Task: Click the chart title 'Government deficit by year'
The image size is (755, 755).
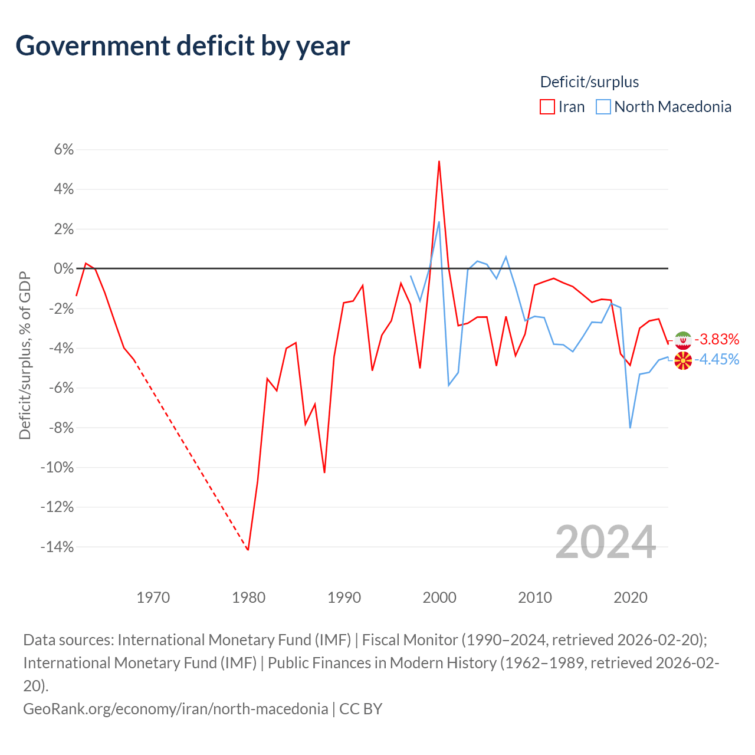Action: [x=183, y=46]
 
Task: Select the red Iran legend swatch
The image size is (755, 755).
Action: [x=547, y=107]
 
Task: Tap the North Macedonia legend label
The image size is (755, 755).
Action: [x=672, y=107]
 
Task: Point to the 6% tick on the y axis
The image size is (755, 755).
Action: [x=64, y=150]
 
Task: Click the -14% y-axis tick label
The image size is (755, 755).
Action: [x=57, y=547]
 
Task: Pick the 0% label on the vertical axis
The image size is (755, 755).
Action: [x=64, y=269]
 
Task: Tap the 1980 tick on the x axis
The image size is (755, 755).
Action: [x=249, y=598]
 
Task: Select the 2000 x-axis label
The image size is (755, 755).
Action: [x=439, y=598]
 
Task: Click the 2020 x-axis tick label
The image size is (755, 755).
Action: [x=631, y=598]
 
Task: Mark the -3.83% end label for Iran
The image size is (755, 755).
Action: [x=717, y=339]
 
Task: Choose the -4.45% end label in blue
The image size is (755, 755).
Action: [x=717, y=359]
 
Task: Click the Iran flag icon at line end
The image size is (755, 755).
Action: [x=683, y=340]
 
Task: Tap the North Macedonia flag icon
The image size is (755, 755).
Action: [x=683, y=360]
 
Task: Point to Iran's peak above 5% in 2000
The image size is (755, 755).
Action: [x=439, y=161]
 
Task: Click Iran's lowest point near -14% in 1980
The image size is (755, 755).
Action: [x=248, y=550]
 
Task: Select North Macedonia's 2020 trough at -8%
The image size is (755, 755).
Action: [x=630, y=428]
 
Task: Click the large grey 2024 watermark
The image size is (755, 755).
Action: [x=605, y=541]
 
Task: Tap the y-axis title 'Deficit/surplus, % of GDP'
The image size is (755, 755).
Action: [x=25, y=355]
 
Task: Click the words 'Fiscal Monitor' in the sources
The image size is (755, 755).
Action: [x=410, y=640]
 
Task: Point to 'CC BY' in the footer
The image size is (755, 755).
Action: [x=360, y=708]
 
